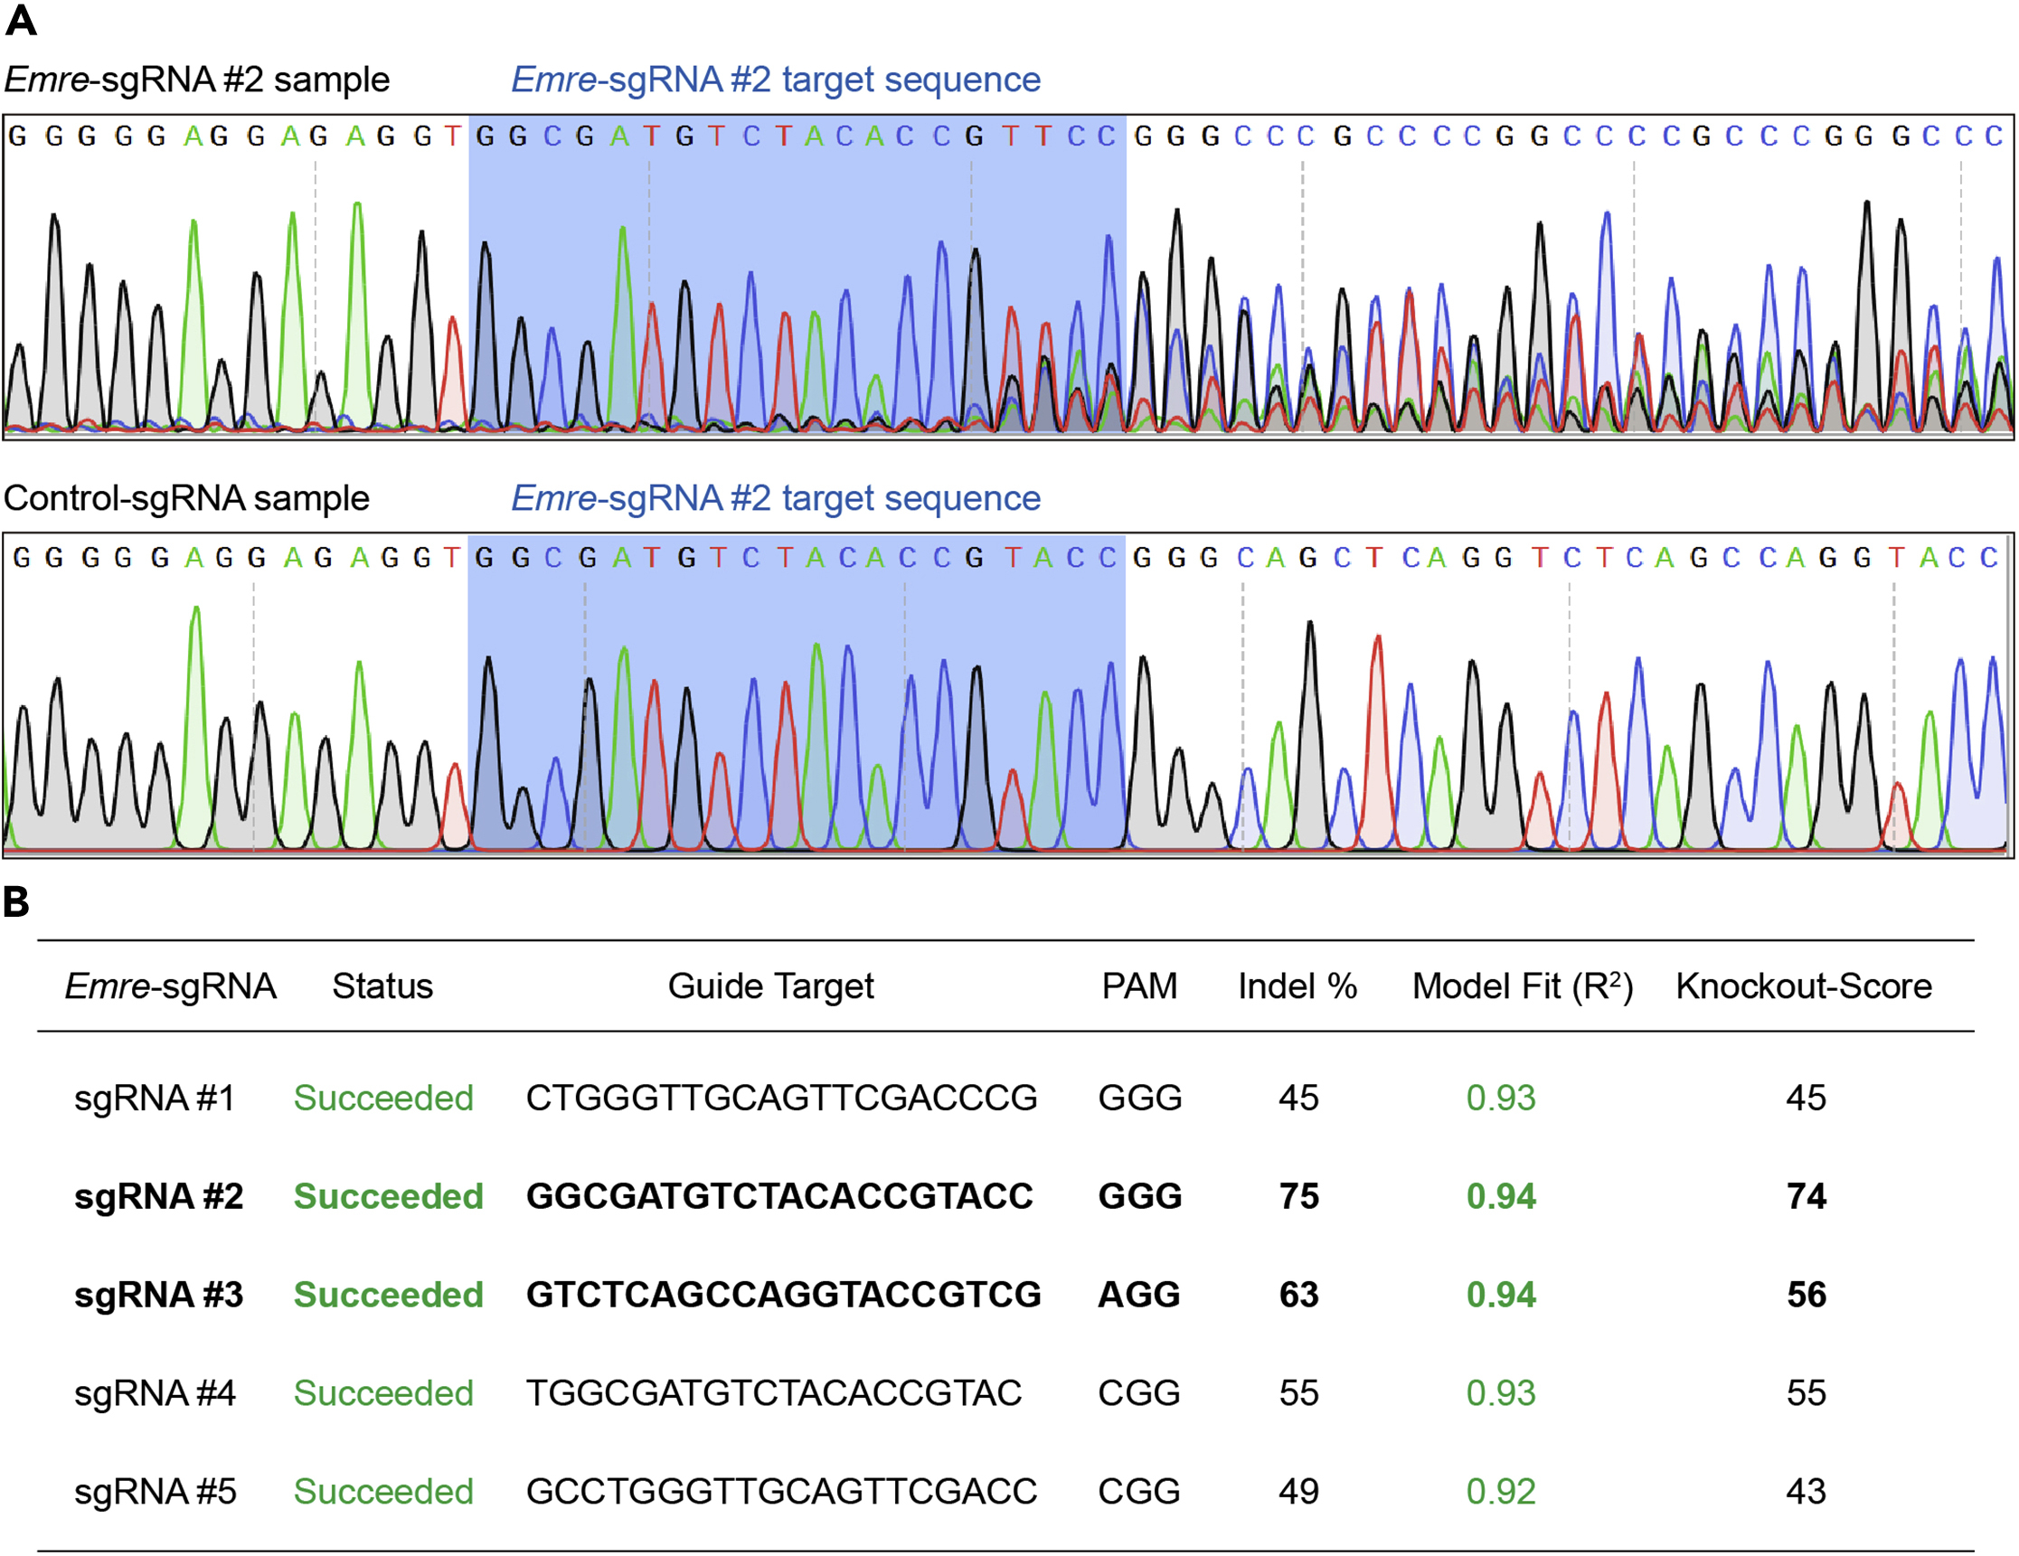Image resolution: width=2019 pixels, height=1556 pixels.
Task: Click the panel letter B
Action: point(15,901)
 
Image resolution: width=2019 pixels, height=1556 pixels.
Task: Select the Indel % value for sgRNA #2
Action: point(1298,1195)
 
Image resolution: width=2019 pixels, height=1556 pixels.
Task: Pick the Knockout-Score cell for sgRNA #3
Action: point(1806,1294)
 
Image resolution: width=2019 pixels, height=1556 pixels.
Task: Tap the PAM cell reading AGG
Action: point(1138,1294)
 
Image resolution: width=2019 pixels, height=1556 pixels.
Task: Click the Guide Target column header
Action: point(770,985)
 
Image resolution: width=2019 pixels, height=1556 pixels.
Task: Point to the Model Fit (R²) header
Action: point(1522,985)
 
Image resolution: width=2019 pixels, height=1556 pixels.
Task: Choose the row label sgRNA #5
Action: point(155,1490)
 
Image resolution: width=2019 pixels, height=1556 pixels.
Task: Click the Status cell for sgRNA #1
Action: point(382,1098)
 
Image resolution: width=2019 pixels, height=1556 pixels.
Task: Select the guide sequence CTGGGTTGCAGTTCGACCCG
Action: point(781,1098)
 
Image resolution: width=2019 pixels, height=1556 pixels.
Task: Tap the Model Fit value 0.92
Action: point(1500,1490)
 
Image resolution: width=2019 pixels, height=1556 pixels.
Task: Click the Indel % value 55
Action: point(1298,1392)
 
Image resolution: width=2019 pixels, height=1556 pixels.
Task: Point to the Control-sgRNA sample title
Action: point(186,498)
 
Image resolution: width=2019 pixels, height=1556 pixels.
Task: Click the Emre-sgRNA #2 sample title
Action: point(197,80)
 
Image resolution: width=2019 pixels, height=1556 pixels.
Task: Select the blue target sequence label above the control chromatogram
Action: point(776,498)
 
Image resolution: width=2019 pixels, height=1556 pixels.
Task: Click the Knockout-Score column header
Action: point(1804,985)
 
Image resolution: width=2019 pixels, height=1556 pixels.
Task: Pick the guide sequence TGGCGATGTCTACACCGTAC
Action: point(774,1392)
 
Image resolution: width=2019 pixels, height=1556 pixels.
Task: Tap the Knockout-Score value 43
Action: point(1806,1490)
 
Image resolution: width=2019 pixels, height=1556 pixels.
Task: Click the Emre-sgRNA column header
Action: point(170,985)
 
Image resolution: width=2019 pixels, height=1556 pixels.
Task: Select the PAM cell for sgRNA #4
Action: point(1138,1392)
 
